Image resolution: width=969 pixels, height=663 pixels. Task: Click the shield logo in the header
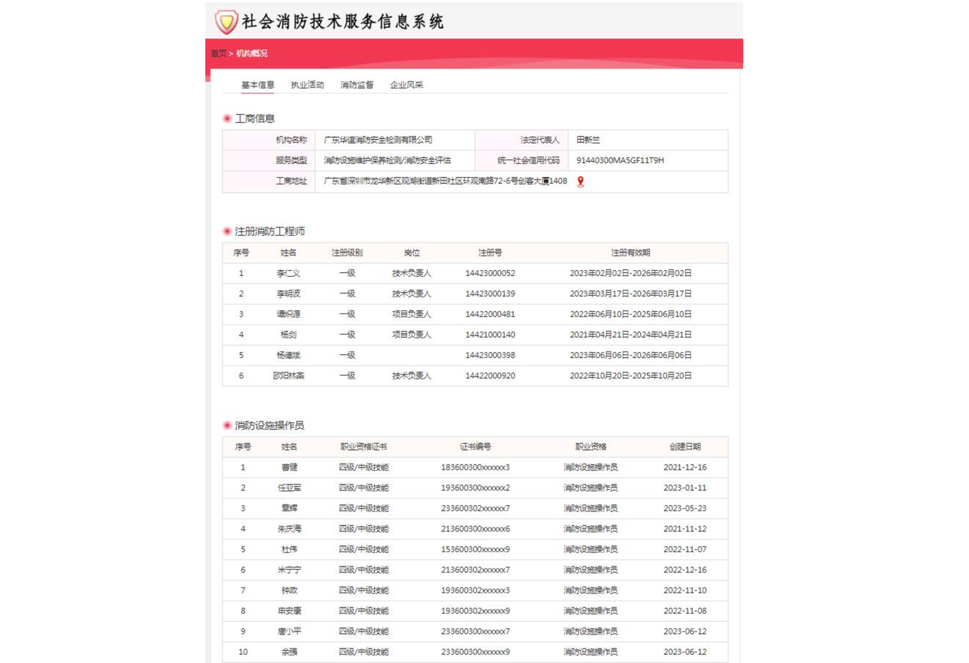[226, 22]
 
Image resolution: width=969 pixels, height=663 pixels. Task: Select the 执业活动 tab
[307, 85]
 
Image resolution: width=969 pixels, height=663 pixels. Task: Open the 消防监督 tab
[357, 85]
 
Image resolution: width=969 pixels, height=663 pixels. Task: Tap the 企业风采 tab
[407, 85]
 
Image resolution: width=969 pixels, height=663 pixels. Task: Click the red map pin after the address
[581, 182]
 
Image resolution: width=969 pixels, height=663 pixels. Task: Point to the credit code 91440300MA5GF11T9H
[620, 160]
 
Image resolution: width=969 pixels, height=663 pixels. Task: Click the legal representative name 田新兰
[588, 140]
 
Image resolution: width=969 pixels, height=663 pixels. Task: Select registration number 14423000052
[490, 273]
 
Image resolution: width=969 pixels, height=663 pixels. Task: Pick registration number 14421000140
[490, 335]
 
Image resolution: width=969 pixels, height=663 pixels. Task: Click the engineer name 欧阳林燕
[289, 376]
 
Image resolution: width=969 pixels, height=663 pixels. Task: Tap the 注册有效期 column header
[631, 253]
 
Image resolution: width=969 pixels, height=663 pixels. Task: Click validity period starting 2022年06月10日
[631, 314]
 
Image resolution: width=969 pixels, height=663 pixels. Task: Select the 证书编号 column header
[475, 447]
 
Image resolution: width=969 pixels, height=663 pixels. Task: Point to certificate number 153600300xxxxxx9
[475, 549]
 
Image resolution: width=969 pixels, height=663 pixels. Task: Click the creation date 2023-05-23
[685, 508]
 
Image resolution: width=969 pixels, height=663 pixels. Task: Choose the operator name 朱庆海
[289, 529]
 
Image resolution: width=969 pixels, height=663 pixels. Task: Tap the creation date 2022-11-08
[685, 611]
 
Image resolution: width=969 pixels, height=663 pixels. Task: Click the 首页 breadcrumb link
[219, 53]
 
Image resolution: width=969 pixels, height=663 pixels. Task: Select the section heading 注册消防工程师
[270, 231]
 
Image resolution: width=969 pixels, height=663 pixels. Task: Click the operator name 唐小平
[289, 632]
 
